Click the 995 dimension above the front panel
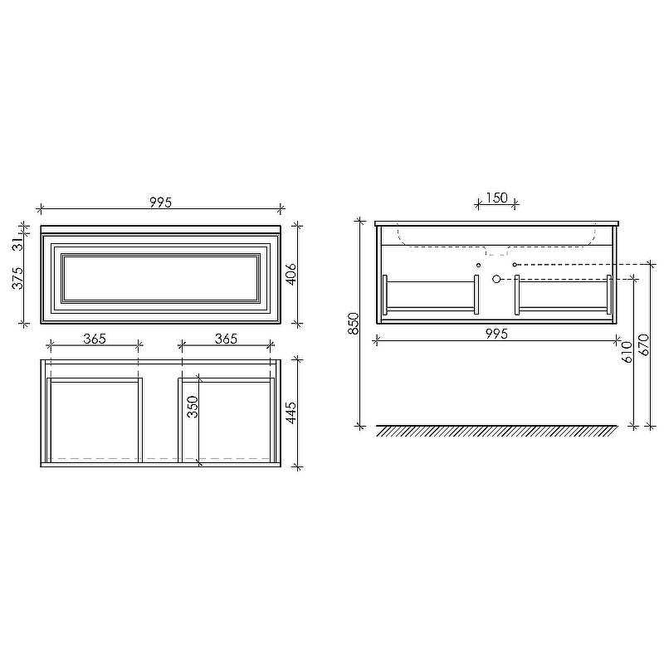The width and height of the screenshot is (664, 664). pos(161,203)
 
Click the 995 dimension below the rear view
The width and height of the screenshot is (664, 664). pos(496,334)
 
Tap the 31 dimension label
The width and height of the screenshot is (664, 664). pos(17,244)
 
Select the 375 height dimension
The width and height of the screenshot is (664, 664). pos(17,278)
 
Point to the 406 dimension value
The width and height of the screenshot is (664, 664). pos(291,274)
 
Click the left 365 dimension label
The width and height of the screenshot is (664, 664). pos(95,339)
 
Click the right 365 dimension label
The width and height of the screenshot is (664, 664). pos(226,339)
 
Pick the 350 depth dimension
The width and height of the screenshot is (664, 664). pos(193,407)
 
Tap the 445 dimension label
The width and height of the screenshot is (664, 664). pos(291,413)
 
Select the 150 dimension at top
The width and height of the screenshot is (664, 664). pos(496,198)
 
